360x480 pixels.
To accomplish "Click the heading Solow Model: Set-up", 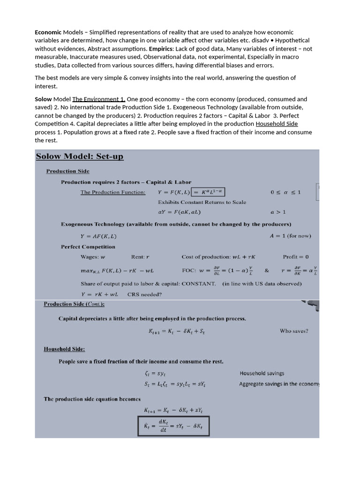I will tap(80, 156).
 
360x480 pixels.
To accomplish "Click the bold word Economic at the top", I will tap(48, 32).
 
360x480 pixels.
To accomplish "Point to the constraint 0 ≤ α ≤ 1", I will tap(286, 192).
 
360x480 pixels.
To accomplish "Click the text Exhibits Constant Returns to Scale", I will tap(202, 202).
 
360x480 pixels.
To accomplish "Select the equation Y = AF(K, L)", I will tap(99, 236).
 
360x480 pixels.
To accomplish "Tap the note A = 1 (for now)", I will tap(290, 236).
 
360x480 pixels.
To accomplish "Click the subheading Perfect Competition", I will tap(88, 247).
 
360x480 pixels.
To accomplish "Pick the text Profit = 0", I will tap(296, 257).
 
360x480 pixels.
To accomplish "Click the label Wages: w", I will tap(93, 257).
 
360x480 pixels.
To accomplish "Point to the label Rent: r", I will tap(140, 257).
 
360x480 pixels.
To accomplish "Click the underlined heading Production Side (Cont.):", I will tap(74, 304).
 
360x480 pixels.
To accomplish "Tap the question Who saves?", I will tap(294, 331).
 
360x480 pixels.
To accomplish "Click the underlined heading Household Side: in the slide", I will tap(64, 349).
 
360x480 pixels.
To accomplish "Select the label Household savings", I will tap(262, 374).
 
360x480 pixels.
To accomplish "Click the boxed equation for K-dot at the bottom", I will tap(173, 427).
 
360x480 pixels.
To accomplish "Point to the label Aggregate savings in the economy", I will tap(279, 384).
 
